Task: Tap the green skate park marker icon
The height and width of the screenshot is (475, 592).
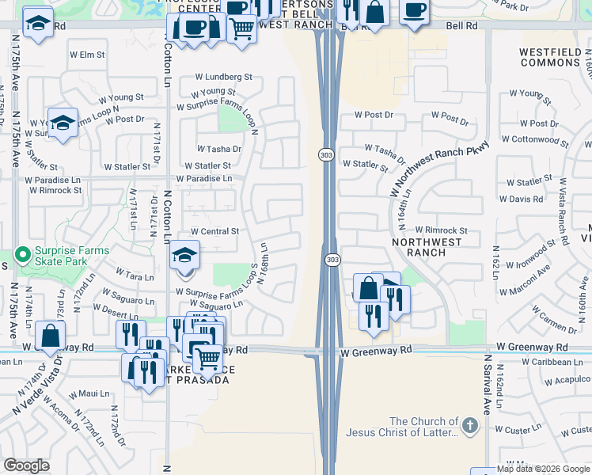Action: coord(24,255)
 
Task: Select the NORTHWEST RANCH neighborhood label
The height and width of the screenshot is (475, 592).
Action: coord(419,246)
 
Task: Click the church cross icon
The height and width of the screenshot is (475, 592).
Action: coord(470,427)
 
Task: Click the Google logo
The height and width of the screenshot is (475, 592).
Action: coord(26,465)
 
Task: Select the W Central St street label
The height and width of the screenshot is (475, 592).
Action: coord(214,231)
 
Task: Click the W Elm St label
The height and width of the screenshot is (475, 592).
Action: coord(87,55)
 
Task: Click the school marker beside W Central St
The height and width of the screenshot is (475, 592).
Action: coord(185,255)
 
